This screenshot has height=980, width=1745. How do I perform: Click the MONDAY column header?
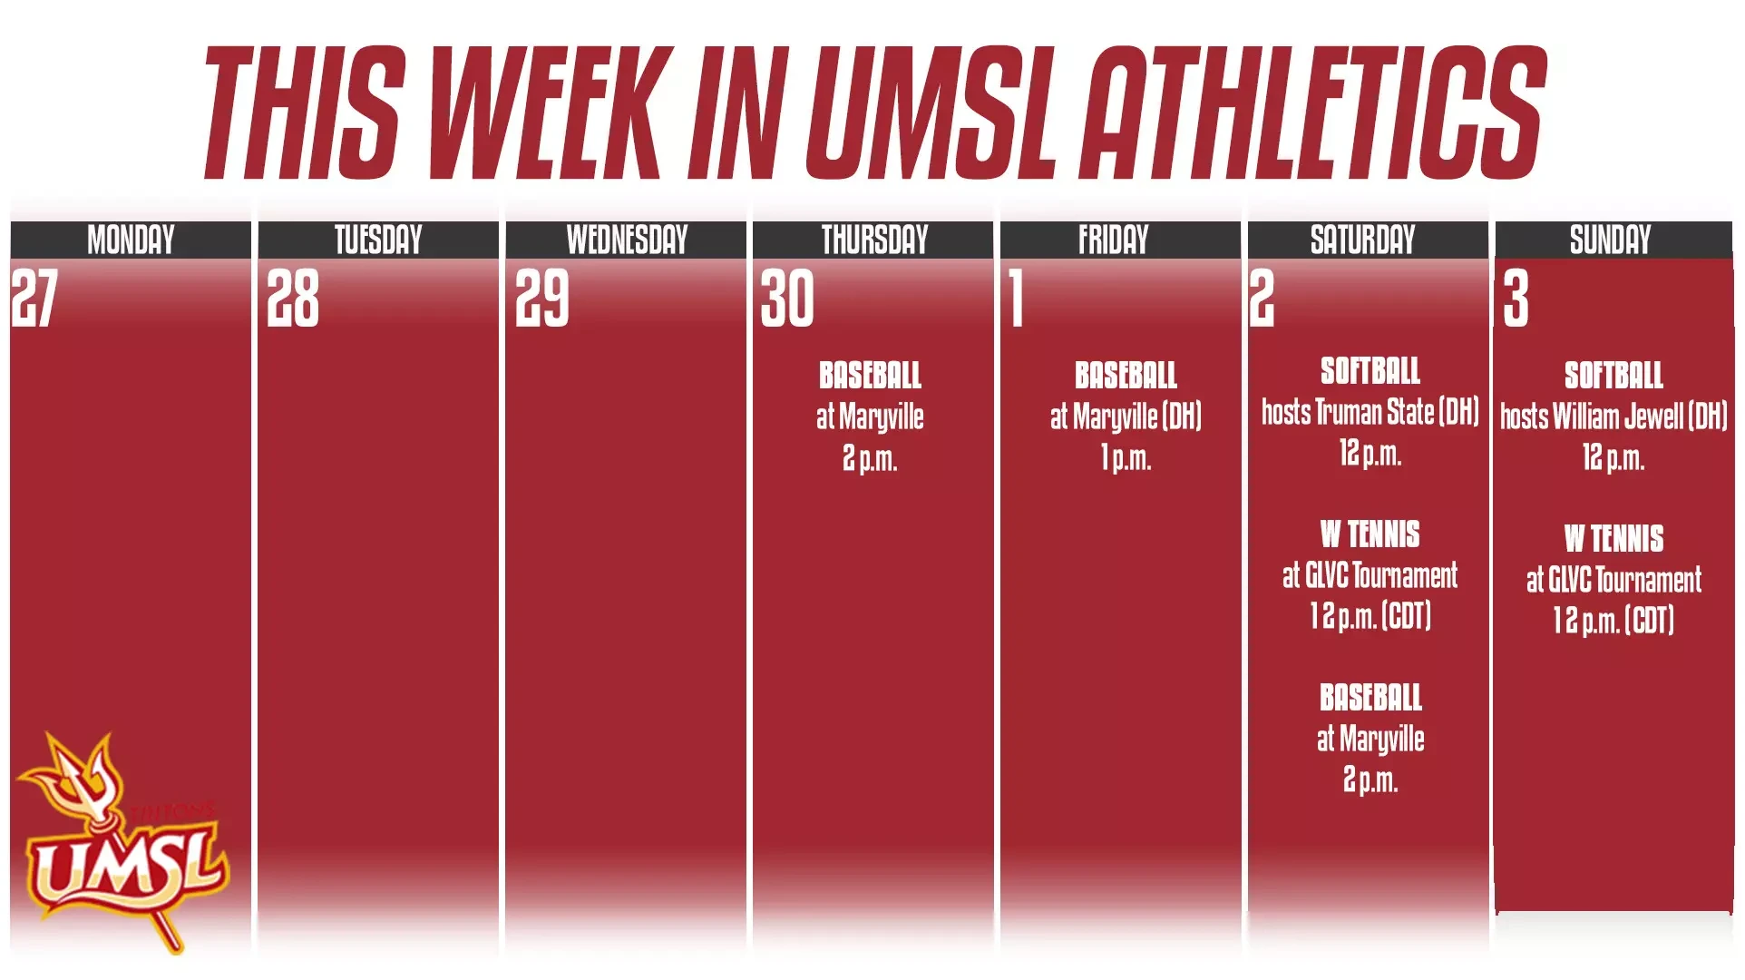(131, 240)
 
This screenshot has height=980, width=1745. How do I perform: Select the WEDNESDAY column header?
(627, 240)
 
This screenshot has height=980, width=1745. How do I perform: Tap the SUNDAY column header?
(1611, 240)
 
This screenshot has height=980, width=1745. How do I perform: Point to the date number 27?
(34, 298)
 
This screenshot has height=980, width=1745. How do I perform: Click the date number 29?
(542, 298)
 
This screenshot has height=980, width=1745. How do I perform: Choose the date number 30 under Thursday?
(787, 298)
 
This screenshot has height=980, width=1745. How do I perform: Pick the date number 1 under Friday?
(1017, 298)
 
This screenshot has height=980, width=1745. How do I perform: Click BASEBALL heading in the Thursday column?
(870, 375)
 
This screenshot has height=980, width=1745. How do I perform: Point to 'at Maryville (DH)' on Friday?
(1126, 416)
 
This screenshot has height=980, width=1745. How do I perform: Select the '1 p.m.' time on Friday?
(1126, 458)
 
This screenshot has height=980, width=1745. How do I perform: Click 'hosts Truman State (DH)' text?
(1370, 412)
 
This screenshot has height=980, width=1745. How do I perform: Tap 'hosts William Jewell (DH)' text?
(1613, 416)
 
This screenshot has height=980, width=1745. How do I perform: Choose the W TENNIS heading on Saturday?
(1370, 534)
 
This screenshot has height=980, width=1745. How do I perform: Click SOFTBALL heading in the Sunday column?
(1613, 375)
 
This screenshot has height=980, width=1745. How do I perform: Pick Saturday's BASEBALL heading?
(1370, 698)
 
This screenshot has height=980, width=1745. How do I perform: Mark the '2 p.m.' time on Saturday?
(1370, 779)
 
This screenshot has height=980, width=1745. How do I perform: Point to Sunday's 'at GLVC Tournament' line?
(1613, 580)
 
